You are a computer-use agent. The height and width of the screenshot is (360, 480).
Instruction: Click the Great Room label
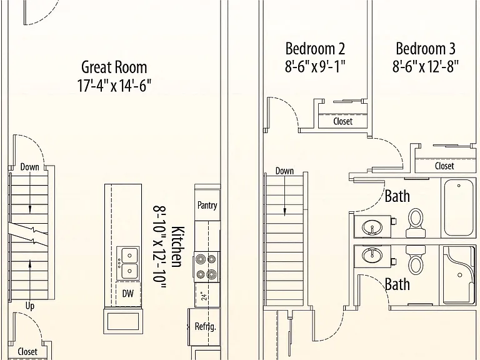[x=114, y=67]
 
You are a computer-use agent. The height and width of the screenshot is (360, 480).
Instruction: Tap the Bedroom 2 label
[x=315, y=49]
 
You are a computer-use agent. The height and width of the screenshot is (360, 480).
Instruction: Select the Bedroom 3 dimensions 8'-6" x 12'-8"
[x=426, y=66]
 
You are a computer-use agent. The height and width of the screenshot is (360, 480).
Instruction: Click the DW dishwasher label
[x=128, y=294]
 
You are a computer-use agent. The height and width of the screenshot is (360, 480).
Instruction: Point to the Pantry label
[x=207, y=205]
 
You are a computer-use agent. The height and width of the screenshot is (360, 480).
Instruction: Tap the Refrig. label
[x=206, y=326]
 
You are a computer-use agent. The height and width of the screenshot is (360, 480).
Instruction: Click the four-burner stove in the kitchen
[x=206, y=267]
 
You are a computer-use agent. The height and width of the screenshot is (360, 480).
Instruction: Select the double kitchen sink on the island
[x=128, y=263]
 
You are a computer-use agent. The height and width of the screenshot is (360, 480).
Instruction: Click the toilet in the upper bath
[x=416, y=223]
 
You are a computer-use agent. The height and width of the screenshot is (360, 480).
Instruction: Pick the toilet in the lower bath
[x=415, y=260]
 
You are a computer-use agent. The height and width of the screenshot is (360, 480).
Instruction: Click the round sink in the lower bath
[x=372, y=255]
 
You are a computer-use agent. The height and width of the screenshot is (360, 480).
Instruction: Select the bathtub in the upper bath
[x=459, y=207]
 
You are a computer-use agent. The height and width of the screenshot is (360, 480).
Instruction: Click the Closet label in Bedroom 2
[x=343, y=121]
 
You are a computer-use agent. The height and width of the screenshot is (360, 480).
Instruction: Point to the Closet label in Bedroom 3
[x=444, y=166]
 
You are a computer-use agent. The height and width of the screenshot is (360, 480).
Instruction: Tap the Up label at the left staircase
[x=30, y=306]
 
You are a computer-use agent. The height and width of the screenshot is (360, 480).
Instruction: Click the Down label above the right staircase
[x=284, y=171]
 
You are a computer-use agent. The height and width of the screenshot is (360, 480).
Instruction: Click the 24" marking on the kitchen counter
[x=204, y=295]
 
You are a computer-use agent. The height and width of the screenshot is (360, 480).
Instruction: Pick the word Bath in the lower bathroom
[x=397, y=284]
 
